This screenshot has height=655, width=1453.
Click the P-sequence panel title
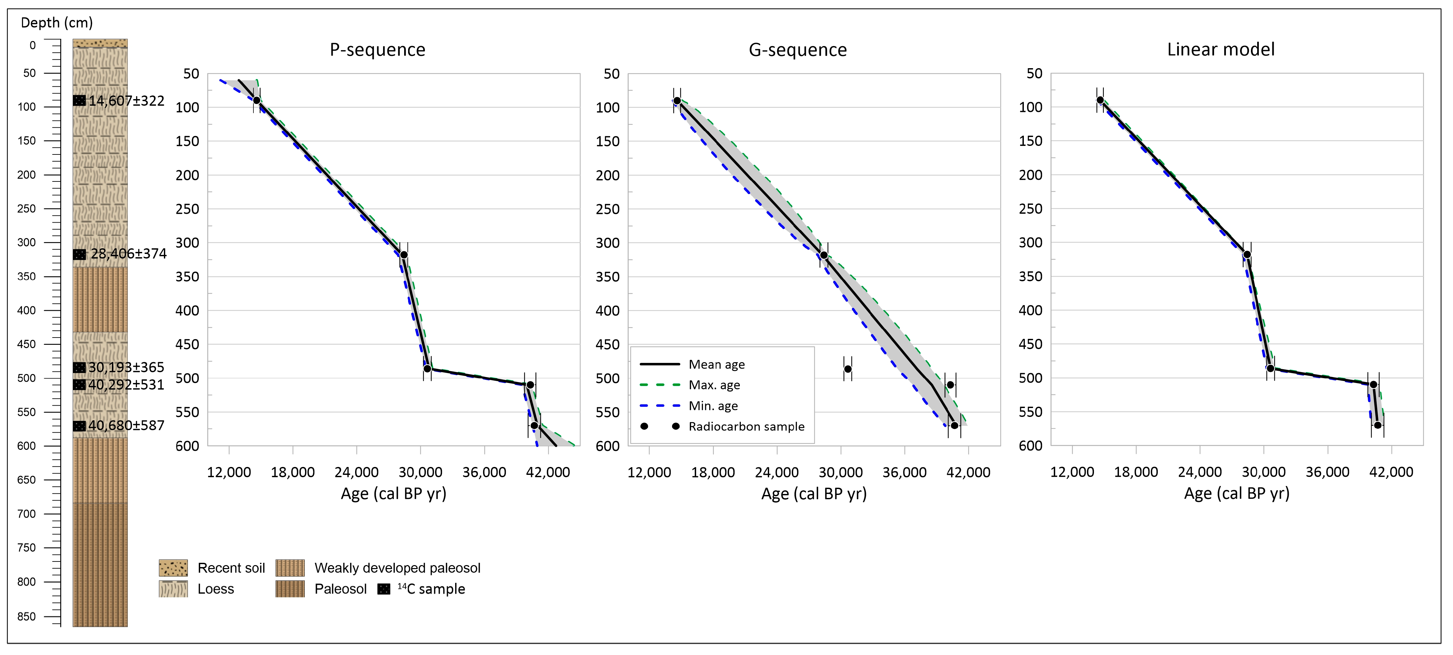[x=377, y=50]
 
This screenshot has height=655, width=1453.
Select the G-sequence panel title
[x=797, y=50]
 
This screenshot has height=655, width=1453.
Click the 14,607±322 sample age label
[x=126, y=101]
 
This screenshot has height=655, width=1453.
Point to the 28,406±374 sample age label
[x=129, y=254]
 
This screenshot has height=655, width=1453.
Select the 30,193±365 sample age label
[x=126, y=367]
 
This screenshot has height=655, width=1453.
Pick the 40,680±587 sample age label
[x=126, y=425]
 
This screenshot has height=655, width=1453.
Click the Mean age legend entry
[x=716, y=365]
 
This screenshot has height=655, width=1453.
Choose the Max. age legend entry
[x=714, y=385]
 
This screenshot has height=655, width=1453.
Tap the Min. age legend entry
[x=713, y=406]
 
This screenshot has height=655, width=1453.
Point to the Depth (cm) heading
[x=56, y=23]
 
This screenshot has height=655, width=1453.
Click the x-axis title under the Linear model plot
[x=1236, y=494]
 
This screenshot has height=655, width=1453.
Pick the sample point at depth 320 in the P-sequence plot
[x=404, y=255]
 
